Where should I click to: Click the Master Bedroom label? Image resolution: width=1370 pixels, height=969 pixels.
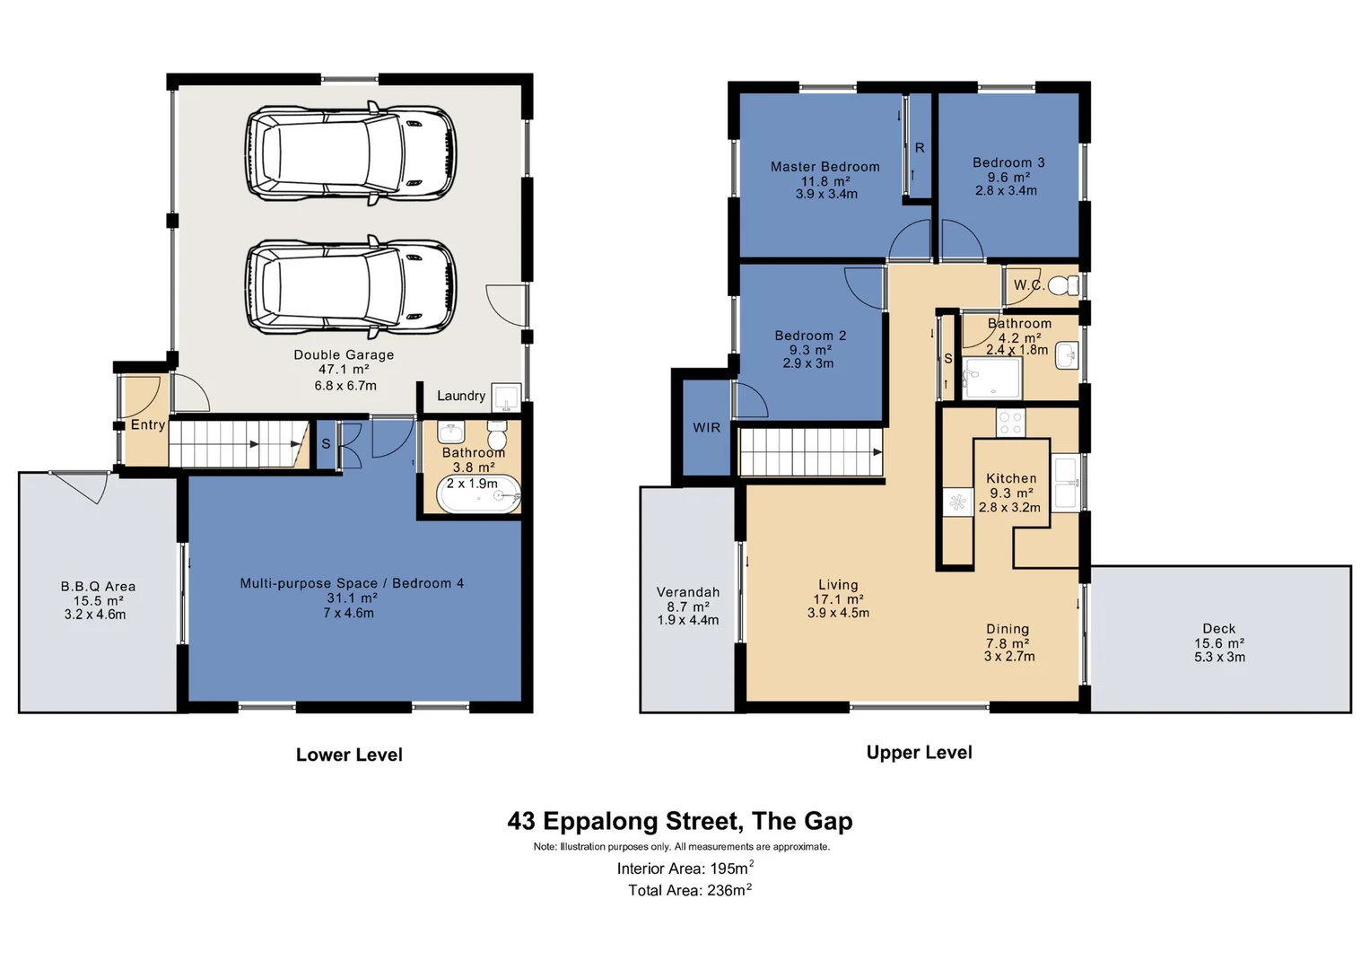click(825, 166)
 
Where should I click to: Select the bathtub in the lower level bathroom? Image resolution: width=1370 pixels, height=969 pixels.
click(479, 494)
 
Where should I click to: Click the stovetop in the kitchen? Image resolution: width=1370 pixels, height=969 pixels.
click(1010, 423)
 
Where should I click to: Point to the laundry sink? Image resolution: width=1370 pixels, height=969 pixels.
click(506, 397)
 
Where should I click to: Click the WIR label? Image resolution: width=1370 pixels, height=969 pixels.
click(706, 428)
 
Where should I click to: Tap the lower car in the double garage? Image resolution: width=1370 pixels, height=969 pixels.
click(351, 286)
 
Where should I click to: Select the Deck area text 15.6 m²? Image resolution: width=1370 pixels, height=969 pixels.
click(1219, 643)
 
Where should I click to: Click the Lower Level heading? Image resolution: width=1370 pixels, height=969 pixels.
click(349, 755)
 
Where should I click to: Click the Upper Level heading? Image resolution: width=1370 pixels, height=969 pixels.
click(920, 752)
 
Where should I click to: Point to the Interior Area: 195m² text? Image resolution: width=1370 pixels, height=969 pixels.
click(685, 868)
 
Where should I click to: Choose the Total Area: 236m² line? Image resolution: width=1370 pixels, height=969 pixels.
click(689, 889)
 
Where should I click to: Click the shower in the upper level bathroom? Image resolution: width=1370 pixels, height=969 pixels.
click(991, 379)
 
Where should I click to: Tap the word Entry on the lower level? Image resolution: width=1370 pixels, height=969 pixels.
click(148, 424)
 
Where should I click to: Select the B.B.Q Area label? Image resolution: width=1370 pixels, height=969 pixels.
click(98, 586)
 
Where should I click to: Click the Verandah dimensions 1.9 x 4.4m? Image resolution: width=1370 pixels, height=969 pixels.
click(688, 620)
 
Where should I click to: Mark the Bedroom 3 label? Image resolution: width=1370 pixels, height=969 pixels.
click(1008, 162)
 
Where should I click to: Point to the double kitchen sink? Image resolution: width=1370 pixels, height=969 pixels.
click(1065, 483)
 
